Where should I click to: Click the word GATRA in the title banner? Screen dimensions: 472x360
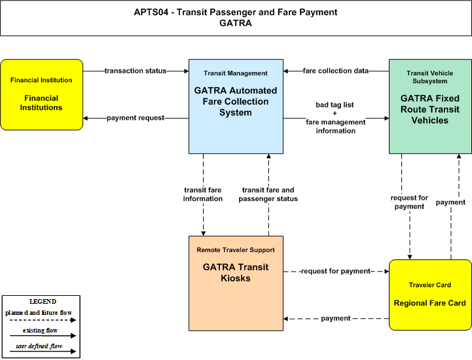click(x=236, y=23)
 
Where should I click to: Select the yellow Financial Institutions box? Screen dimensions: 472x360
click(x=41, y=94)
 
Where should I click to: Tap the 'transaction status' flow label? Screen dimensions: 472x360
click(x=136, y=71)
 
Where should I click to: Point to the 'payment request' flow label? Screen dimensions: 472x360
click(x=136, y=118)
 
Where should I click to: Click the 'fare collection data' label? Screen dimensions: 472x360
click(x=336, y=71)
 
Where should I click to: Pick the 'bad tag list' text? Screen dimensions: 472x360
click(x=335, y=105)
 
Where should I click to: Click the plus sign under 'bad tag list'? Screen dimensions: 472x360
click(x=335, y=113)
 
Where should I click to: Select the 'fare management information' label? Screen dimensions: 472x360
click(x=336, y=126)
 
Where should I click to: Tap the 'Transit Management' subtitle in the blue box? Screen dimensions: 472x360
click(x=236, y=73)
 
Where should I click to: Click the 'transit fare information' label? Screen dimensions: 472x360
click(x=203, y=194)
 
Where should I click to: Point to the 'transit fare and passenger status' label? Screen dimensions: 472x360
click(x=268, y=194)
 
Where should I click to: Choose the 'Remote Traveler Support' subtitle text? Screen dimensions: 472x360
click(x=236, y=250)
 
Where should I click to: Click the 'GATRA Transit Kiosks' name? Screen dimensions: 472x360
click(x=236, y=272)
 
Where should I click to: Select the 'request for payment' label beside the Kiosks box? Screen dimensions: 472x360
click(x=336, y=271)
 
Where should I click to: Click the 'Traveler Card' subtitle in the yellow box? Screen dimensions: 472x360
click(x=430, y=285)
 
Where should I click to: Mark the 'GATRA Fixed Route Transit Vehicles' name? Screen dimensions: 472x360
click(x=430, y=109)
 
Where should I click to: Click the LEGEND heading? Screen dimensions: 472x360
click(x=43, y=301)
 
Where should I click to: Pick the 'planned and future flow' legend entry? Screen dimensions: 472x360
click(x=39, y=313)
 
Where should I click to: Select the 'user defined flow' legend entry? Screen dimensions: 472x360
click(x=39, y=346)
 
